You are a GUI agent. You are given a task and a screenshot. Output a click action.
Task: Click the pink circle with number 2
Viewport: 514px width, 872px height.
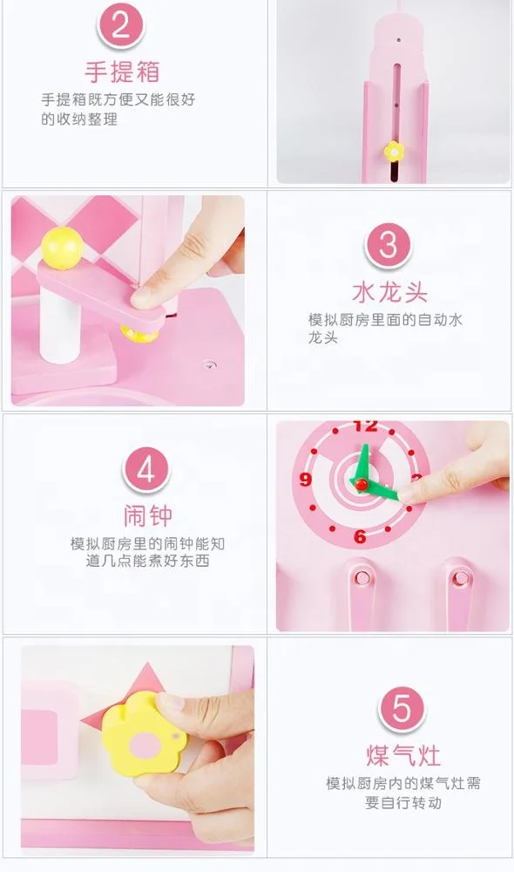pyautogui.click(x=121, y=25)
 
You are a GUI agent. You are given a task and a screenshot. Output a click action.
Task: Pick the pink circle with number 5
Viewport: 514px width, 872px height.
pyautogui.click(x=402, y=708)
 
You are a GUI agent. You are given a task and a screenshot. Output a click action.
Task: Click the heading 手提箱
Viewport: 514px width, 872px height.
pyautogui.click(x=121, y=70)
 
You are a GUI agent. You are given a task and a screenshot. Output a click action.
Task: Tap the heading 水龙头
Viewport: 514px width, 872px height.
pyautogui.click(x=389, y=291)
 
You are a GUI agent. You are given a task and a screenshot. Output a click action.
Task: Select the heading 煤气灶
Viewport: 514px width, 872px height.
pyautogui.click(x=402, y=753)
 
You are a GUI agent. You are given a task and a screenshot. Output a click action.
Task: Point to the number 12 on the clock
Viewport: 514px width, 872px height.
pyautogui.click(x=365, y=426)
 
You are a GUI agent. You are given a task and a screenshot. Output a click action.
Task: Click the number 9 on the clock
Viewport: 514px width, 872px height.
pyautogui.click(x=306, y=479)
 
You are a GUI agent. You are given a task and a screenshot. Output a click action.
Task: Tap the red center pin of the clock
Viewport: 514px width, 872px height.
pyautogui.click(x=358, y=480)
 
